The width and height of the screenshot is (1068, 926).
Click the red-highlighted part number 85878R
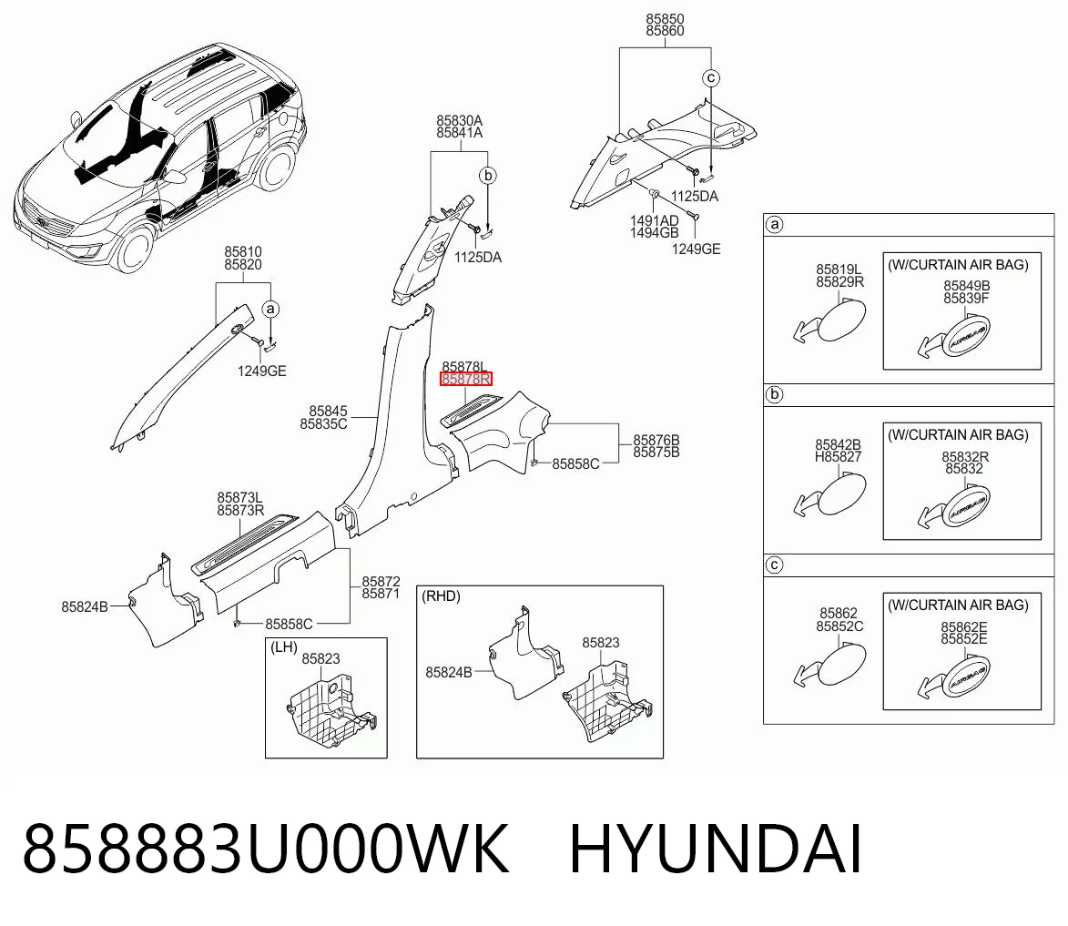coord(466,380)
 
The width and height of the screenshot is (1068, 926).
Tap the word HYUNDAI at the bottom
coord(716,849)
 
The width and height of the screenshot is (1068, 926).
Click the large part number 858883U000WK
coord(267,849)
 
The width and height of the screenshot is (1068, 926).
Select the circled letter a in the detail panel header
coord(775,224)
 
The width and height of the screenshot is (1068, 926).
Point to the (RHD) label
coord(441,596)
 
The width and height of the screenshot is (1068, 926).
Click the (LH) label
coord(284,646)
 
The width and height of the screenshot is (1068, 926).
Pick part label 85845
coord(329,411)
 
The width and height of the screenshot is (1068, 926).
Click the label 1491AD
coord(654,220)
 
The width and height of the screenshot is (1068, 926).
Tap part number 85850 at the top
coord(665,19)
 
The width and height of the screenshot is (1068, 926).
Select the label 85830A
coord(460,120)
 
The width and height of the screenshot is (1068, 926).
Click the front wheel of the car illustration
coord(135,249)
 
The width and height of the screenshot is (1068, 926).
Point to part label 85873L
coord(239,498)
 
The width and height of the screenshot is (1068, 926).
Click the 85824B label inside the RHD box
coord(448,673)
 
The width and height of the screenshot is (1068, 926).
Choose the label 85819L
coord(839,270)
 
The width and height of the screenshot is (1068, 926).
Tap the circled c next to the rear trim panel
coord(711,77)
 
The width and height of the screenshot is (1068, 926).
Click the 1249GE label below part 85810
coord(261,371)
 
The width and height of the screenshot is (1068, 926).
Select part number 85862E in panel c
coord(964,626)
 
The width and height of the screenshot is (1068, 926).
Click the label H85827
coord(838,457)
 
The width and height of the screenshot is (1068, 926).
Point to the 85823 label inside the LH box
coord(320,659)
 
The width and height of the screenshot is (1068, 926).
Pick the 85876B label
coord(656,440)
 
